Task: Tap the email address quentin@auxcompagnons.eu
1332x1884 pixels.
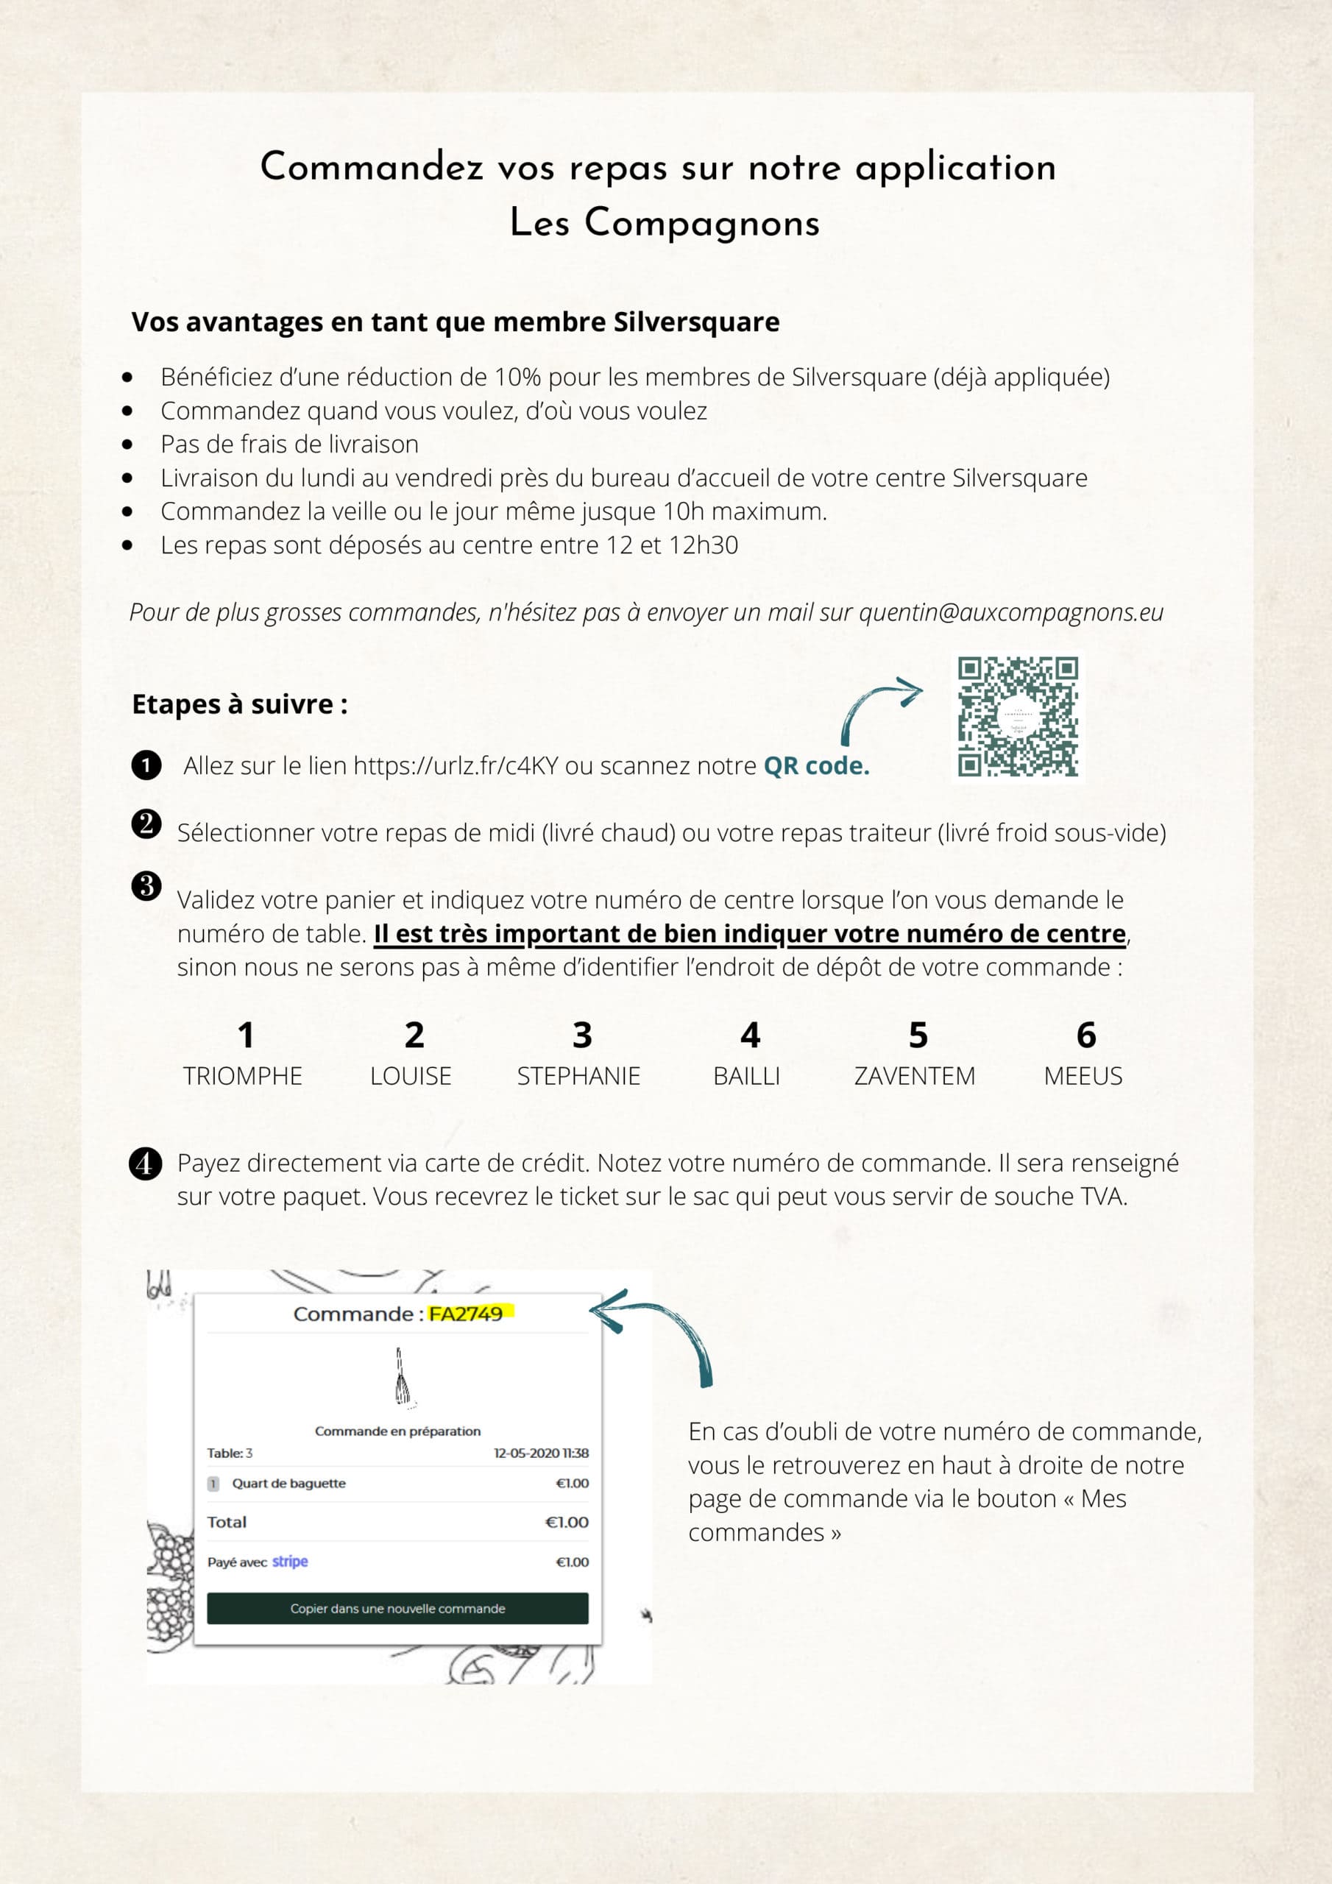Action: pyautogui.click(x=1010, y=612)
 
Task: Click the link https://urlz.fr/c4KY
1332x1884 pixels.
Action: pyautogui.click(x=456, y=765)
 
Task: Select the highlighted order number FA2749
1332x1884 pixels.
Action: pyautogui.click(x=466, y=1314)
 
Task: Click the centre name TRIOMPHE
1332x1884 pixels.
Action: pyautogui.click(x=243, y=1076)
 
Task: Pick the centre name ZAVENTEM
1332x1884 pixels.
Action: pyautogui.click(x=914, y=1076)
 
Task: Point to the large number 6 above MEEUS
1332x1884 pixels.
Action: pyautogui.click(x=1085, y=1035)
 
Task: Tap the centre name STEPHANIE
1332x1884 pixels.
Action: pyautogui.click(x=578, y=1076)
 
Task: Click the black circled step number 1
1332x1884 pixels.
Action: pyautogui.click(x=146, y=765)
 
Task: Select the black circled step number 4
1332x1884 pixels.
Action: pyautogui.click(x=145, y=1164)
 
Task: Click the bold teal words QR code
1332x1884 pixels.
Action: pyautogui.click(x=816, y=765)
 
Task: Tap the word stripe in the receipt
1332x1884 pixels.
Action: pyautogui.click(x=290, y=1561)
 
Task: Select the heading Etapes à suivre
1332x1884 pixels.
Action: pyautogui.click(x=240, y=704)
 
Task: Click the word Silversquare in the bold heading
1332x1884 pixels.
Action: pyautogui.click(x=696, y=322)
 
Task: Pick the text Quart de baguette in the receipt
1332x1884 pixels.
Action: pyautogui.click(x=289, y=1484)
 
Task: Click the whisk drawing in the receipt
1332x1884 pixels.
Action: pyautogui.click(x=401, y=1378)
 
